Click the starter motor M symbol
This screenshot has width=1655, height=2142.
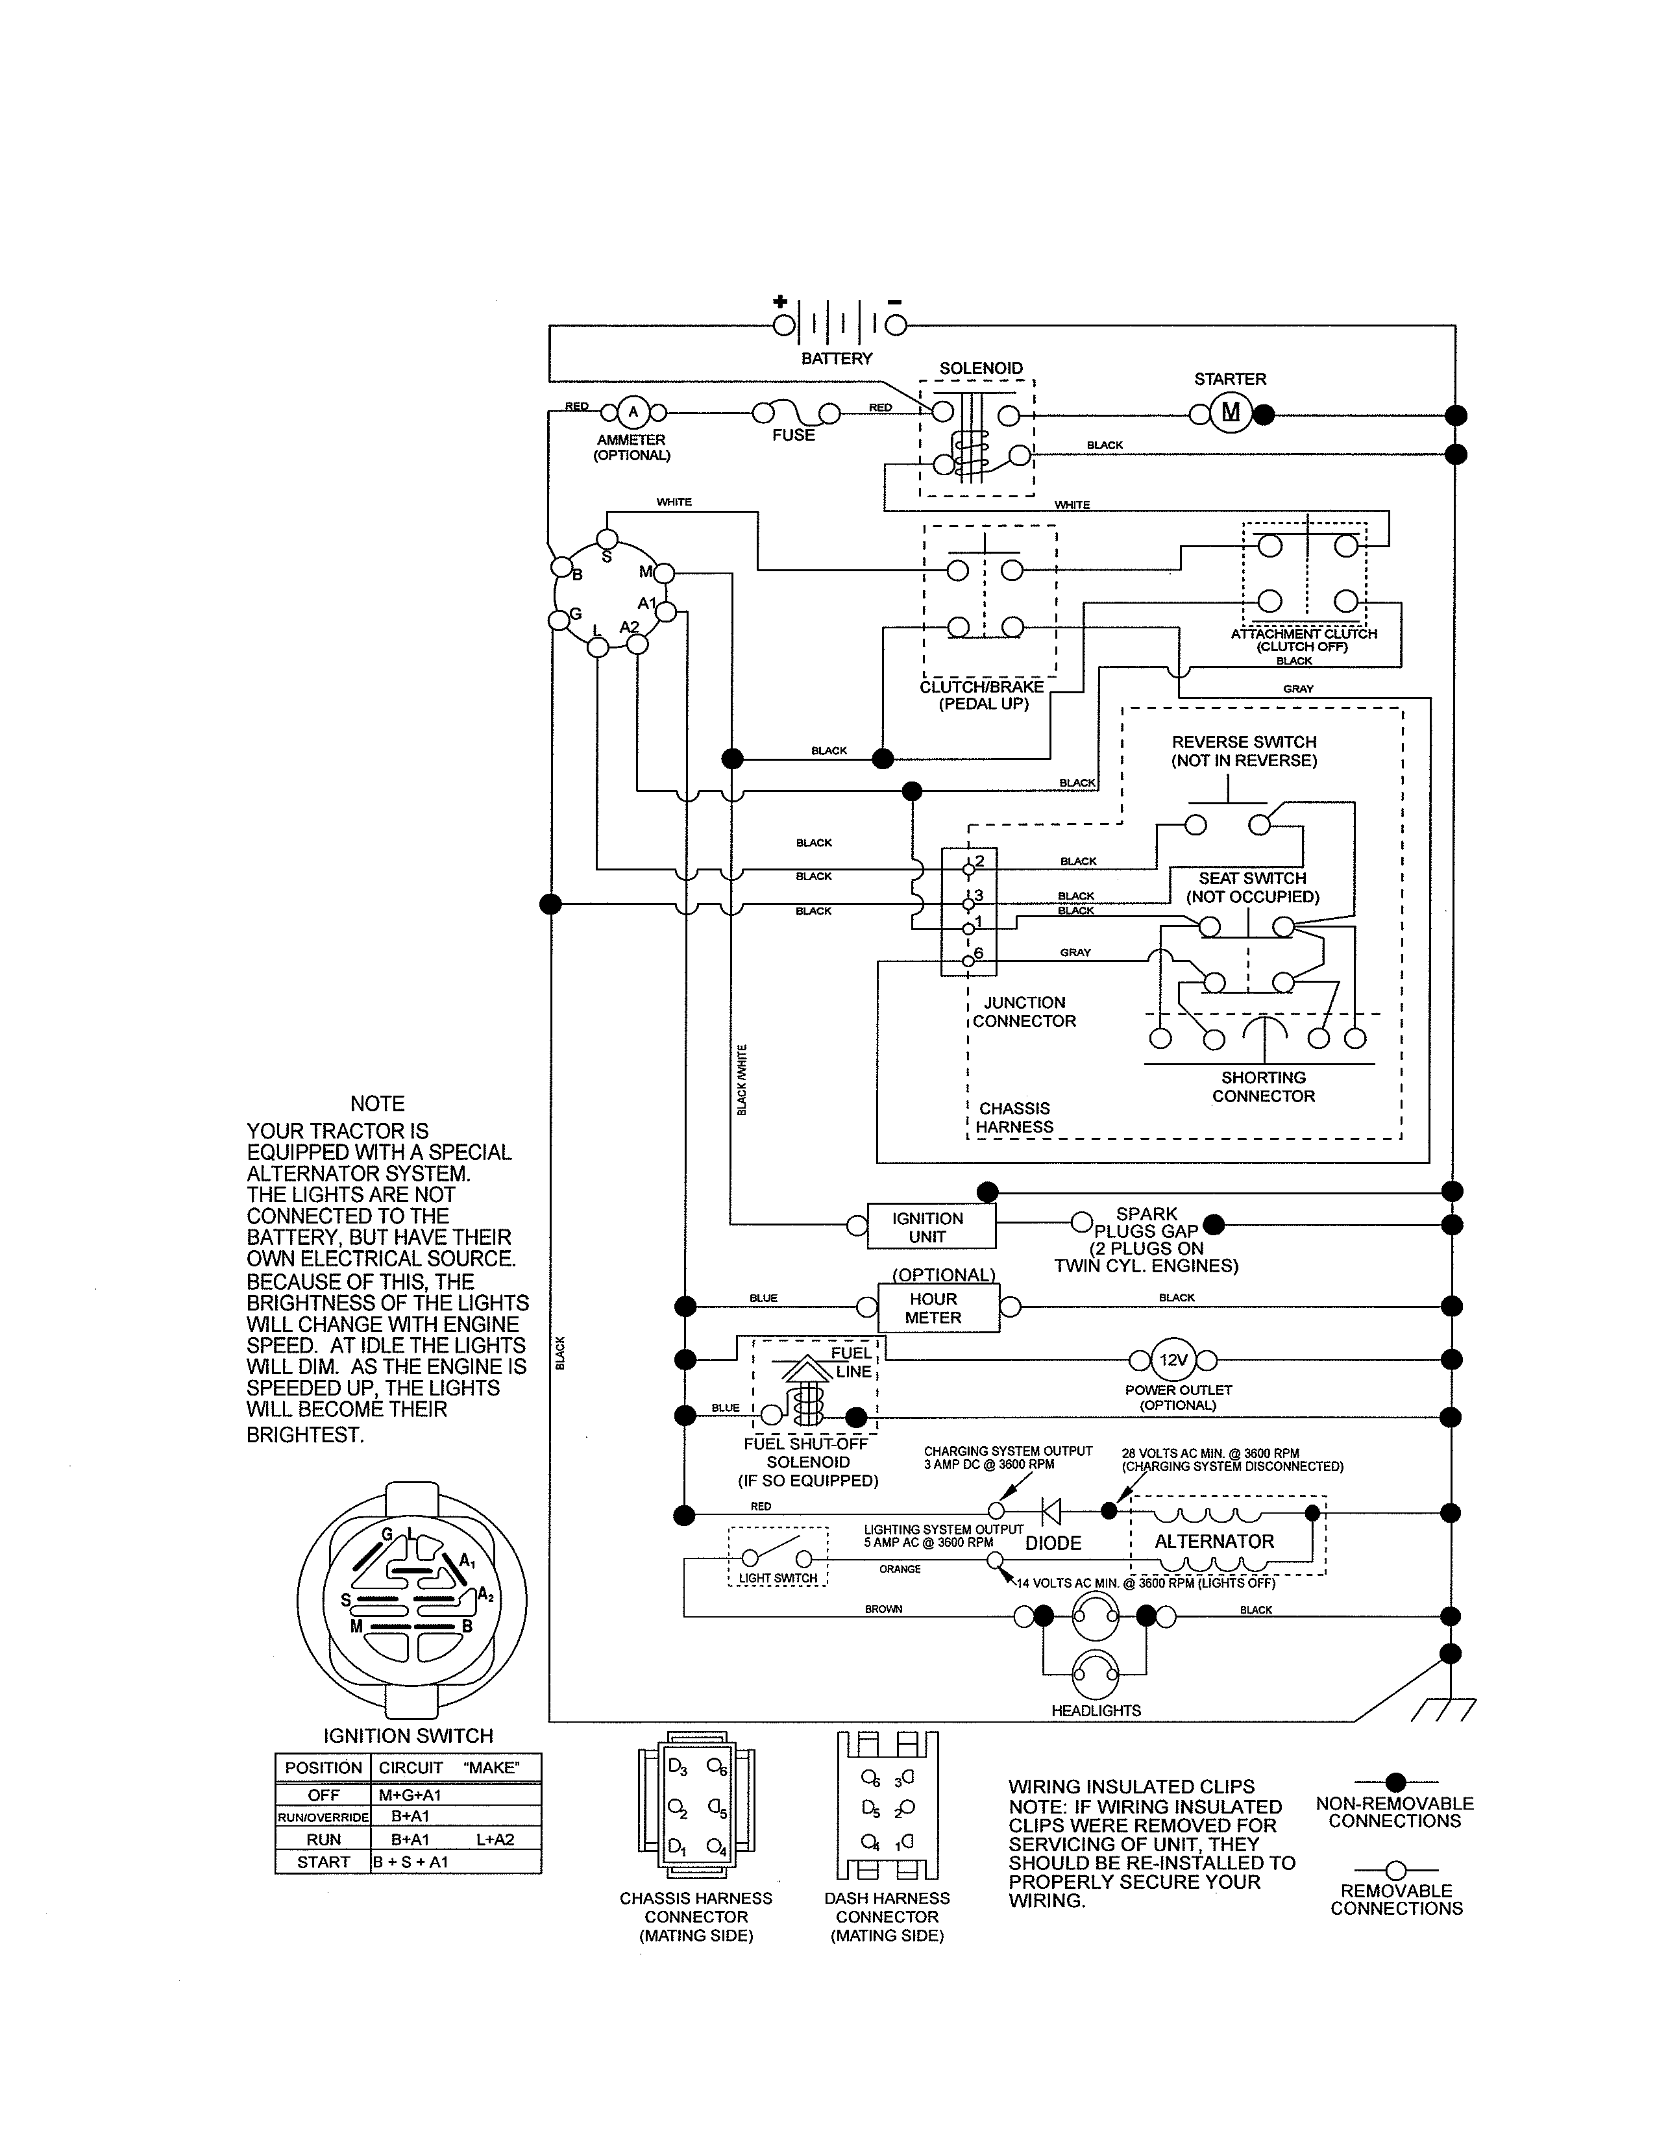click(1231, 413)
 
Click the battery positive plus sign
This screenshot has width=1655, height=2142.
click(780, 301)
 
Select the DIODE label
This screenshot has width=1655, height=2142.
click(1053, 1543)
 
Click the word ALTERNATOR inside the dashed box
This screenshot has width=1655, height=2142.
click(1214, 1541)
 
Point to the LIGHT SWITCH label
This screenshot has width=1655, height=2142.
click(778, 1578)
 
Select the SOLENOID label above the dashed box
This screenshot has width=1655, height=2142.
click(981, 368)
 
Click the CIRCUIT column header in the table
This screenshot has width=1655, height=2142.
click(411, 1767)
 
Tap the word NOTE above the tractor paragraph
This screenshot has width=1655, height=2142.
click(378, 1103)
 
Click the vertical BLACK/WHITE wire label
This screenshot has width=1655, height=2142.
click(742, 1079)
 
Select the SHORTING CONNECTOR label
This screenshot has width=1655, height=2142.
click(1263, 1087)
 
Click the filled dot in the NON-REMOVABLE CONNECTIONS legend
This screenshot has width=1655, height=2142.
click(1396, 1782)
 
